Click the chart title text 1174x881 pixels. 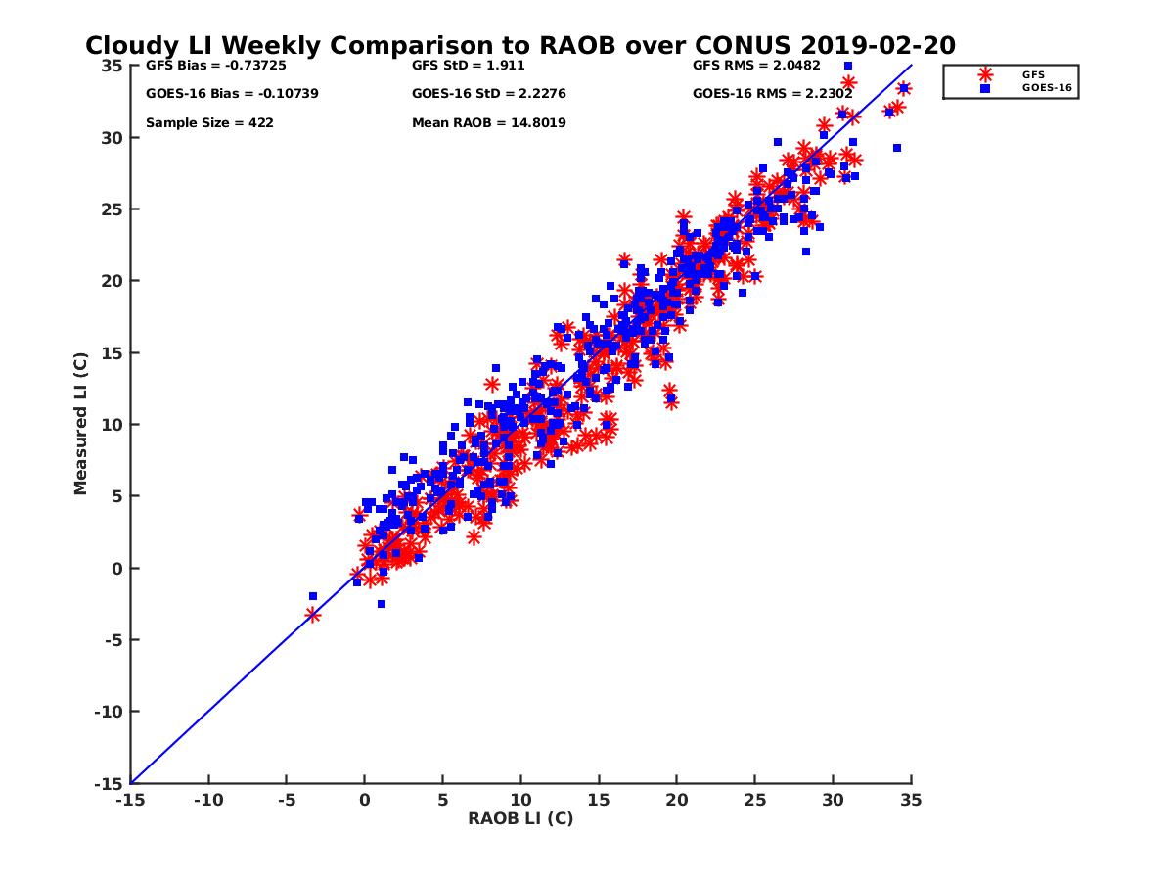520,46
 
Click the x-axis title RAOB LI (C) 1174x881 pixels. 520,818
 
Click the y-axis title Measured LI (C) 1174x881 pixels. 80,424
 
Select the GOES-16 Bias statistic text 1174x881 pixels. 232,94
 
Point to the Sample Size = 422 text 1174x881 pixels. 209,123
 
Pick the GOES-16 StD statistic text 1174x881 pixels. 489,94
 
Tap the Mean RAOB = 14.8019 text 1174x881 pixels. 489,123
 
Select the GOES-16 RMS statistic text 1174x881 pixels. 772,94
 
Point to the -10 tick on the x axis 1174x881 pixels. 207,800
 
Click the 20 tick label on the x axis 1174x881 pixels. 676,800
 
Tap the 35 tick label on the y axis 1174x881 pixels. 111,66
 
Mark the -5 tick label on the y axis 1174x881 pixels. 111,640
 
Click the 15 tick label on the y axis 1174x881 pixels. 111,352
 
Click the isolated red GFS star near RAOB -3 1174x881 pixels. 313,615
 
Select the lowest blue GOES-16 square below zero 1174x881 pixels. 382,604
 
